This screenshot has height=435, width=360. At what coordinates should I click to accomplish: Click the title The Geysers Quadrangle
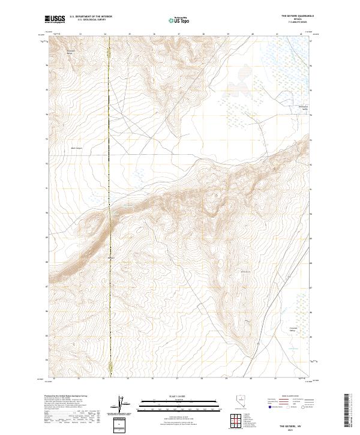click(297, 17)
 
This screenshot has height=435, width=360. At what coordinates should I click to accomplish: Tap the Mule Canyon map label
click(77, 148)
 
